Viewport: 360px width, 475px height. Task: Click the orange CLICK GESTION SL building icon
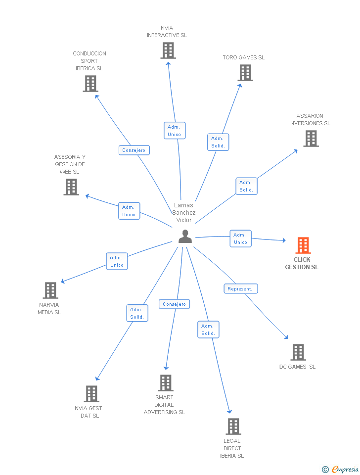[303, 245]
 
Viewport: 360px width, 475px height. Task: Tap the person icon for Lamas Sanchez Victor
[185, 237]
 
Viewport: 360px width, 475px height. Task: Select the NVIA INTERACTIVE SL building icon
[168, 50]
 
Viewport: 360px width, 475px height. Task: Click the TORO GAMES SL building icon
[245, 73]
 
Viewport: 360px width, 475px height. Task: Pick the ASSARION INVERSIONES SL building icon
[311, 139]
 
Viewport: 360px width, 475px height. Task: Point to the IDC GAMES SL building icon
[298, 352]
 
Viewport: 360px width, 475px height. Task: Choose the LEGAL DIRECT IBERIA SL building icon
[233, 427]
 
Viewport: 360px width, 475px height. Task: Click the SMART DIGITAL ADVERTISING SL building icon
[165, 383]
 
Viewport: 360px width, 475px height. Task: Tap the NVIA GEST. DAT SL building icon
[91, 394]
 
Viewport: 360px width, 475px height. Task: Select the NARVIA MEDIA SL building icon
[50, 290]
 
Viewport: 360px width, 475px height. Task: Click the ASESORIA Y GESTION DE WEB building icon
[71, 187]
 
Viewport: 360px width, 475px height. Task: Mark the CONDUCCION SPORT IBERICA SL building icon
[90, 84]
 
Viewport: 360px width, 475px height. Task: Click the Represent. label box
[240, 288]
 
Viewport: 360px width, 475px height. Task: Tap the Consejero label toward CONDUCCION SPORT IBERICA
[134, 150]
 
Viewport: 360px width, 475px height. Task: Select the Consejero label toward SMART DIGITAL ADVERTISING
[174, 304]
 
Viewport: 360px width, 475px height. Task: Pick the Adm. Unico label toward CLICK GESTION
[240, 238]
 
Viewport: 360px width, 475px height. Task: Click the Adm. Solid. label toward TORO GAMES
[218, 142]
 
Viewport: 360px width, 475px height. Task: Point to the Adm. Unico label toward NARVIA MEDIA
[117, 261]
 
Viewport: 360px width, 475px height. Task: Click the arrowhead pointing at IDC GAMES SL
[286, 337]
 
